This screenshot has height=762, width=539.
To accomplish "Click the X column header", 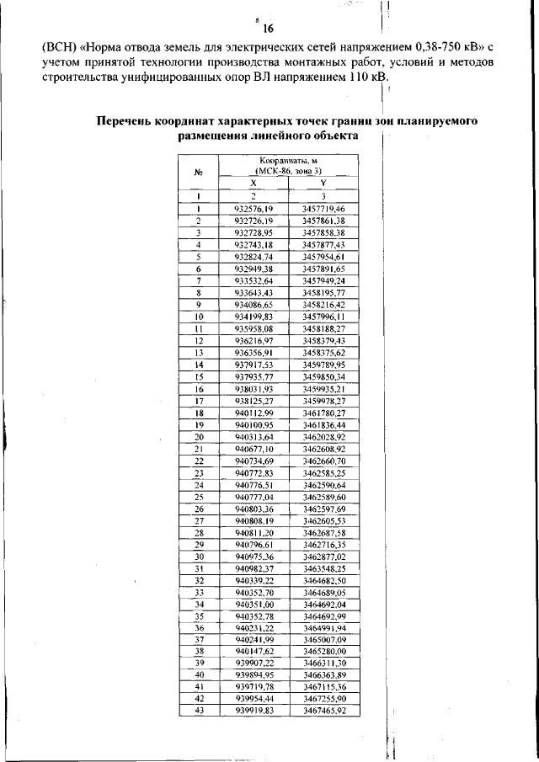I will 253,183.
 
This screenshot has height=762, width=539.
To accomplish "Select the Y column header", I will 323,183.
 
